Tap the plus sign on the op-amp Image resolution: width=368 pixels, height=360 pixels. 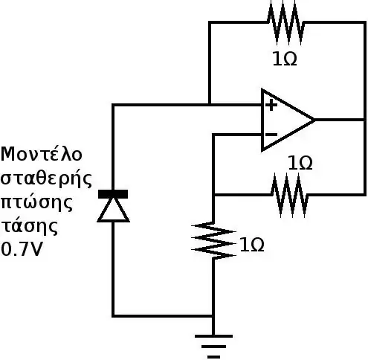[x=271, y=105]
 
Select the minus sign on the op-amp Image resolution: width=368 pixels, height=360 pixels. [x=271, y=135]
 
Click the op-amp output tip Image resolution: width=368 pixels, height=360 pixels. [x=314, y=120]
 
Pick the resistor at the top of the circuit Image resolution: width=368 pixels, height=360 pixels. [x=285, y=23]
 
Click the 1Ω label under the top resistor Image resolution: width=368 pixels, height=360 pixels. [x=285, y=59]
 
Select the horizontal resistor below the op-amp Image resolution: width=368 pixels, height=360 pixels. [x=290, y=196]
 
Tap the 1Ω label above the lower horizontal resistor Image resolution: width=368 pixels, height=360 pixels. [x=300, y=163]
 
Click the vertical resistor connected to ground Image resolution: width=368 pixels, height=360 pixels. [x=213, y=241]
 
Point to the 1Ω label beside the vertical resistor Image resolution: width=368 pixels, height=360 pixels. [x=252, y=245]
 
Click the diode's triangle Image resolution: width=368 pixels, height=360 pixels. [x=114, y=210]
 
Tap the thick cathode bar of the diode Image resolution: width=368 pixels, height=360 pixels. [x=113, y=194]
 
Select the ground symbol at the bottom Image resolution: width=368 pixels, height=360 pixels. [x=213, y=347]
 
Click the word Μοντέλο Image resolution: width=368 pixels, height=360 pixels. [x=42, y=154]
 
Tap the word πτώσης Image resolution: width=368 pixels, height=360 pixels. [x=37, y=202]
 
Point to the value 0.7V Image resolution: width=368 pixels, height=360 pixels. [x=22, y=249]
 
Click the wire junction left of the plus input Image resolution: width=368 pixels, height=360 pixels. [x=210, y=105]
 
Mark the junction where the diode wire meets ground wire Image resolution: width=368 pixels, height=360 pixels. [x=213, y=316]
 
